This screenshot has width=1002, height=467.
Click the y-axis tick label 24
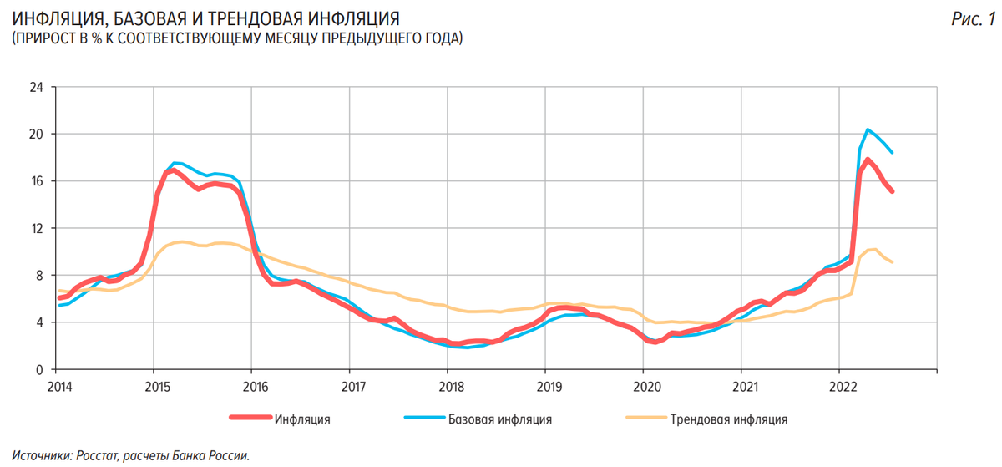tap(37, 87)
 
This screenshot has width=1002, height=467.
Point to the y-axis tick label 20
tap(37, 135)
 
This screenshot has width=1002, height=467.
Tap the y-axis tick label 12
tap(37, 228)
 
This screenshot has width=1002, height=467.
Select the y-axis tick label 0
tap(39, 369)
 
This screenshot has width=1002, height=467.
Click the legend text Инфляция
tap(302, 419)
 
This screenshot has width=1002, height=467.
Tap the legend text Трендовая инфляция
tap(728, 419)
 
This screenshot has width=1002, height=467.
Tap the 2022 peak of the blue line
tap(868, 129)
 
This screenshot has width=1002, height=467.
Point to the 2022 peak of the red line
tap(868, 160)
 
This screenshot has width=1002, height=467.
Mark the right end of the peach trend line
tap(892, 262)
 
